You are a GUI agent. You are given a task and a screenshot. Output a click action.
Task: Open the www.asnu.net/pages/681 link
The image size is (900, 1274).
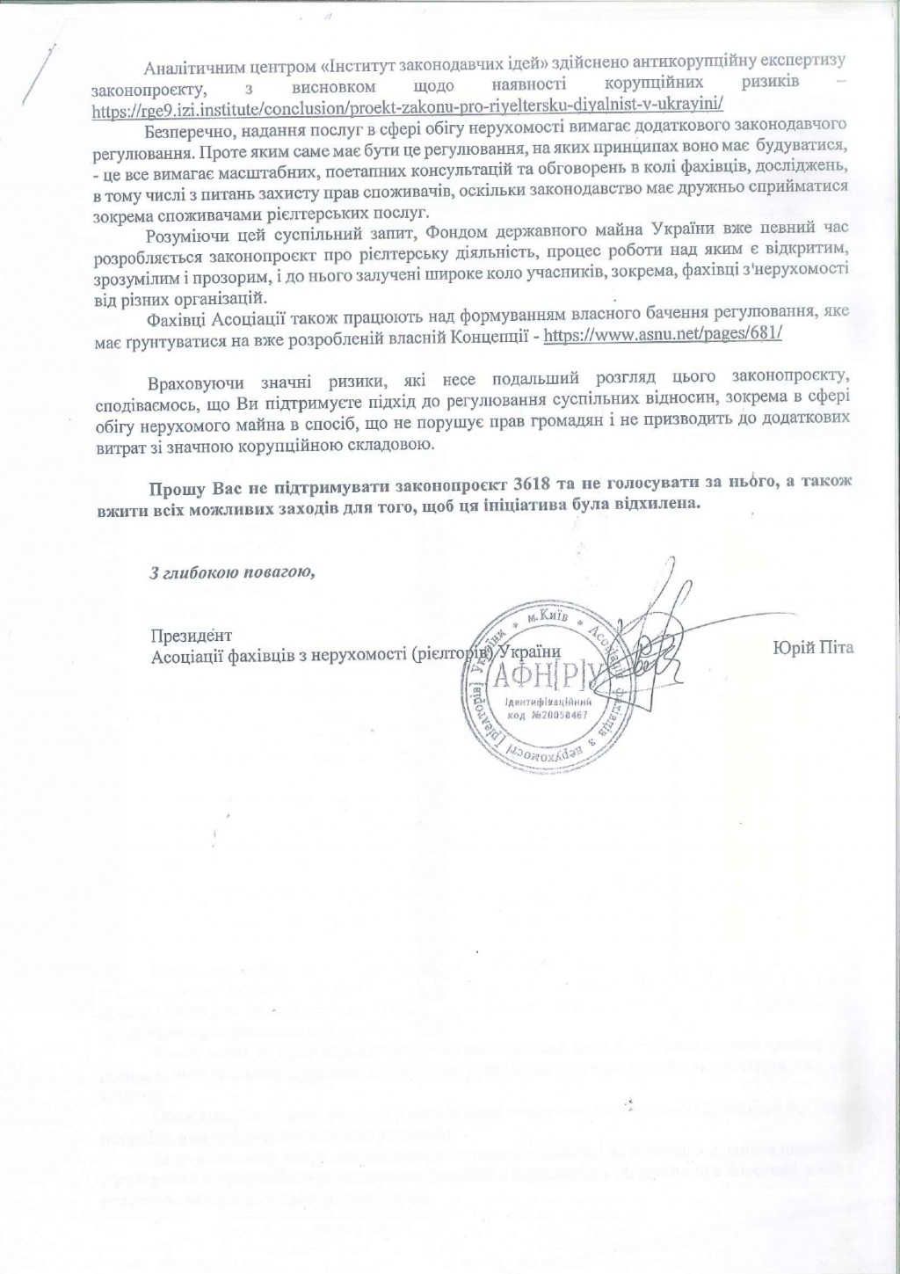pyautogui.click(x=664, y=336)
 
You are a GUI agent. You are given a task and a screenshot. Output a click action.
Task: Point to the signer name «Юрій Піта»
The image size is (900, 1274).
pyautogui.click(x=814, y=649)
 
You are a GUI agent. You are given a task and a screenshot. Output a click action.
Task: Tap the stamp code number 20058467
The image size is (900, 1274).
pyautogui.click(x=562, y=716)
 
